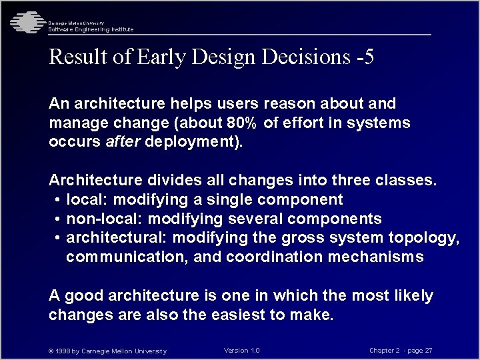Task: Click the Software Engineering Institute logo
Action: click(25, 21)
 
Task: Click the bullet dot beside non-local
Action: click(59, 219)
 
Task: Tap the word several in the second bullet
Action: click(253, 219)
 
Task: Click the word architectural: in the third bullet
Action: click(107, 238)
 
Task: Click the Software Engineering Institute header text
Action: click(91, 29)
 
